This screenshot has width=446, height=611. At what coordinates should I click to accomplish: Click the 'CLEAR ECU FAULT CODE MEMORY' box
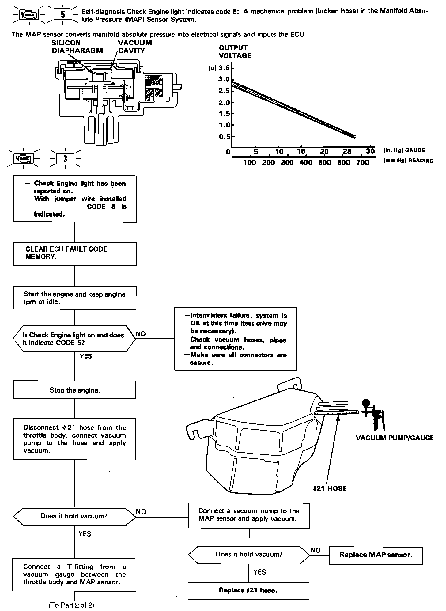pos(75,254)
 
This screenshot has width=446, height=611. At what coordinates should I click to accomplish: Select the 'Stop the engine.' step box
pos(74,390)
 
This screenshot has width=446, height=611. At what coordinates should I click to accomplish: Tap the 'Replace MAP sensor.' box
pos(376,555)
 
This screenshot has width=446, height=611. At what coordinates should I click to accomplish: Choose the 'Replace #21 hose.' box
pos(248,590)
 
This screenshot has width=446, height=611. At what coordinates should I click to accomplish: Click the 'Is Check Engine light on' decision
pos(74,339)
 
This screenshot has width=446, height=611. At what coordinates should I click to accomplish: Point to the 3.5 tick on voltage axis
pos(224,68)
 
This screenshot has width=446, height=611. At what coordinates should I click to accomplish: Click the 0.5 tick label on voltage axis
pos(225,137)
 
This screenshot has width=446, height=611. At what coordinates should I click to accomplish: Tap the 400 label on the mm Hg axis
pos(306,162)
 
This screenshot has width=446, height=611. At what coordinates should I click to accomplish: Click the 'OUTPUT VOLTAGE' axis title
pos(235,51)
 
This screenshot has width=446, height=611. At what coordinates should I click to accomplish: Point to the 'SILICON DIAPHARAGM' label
pos(77,47)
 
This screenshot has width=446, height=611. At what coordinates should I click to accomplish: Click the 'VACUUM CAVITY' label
pos(135,47)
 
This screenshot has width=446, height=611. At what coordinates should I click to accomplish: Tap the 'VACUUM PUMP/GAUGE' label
pos(395,438)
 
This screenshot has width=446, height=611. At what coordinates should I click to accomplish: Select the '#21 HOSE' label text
pos(330,488)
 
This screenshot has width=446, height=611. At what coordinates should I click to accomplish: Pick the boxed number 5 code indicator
pos(63,14)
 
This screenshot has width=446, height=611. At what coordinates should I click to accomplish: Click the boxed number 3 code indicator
pos(65,159)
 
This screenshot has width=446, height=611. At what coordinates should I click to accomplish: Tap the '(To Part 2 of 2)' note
pos(71,605)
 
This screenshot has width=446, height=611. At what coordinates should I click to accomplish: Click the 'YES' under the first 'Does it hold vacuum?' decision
pos(85,533)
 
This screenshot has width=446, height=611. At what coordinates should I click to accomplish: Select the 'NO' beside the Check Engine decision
pos(141,334)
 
